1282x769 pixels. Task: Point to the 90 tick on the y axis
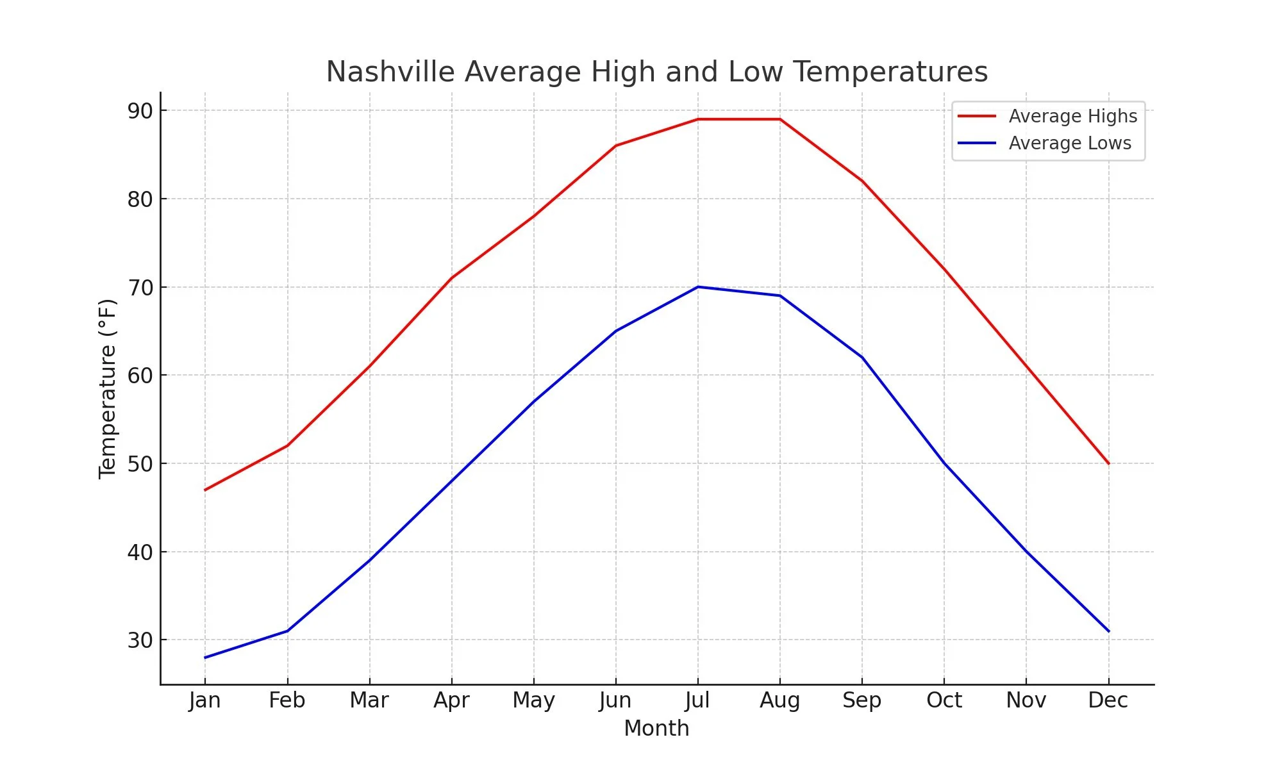click(140, 111)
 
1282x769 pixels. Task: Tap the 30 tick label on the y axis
click(140, 640)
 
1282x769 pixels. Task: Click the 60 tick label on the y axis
click(140, 376)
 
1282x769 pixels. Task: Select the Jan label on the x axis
click(205, 700)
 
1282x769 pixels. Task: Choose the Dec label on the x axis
click(1108, 700)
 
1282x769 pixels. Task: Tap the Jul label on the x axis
click(697, 700)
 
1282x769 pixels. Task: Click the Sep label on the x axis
click(862, 700)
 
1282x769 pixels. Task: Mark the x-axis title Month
click(656, 729)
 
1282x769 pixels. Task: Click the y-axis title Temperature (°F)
click(108, 388)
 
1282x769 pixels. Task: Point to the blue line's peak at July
click(697, 287)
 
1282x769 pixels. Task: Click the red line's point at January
click(205, 490)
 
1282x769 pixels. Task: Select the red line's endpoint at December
click(1108, 463)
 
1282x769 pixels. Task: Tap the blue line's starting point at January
click(205, 657)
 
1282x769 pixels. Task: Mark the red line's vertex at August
click(779, 119)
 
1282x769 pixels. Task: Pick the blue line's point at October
click(944, 463)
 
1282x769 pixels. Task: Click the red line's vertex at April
click(451, 278)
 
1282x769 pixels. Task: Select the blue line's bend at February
click(287, 631)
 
